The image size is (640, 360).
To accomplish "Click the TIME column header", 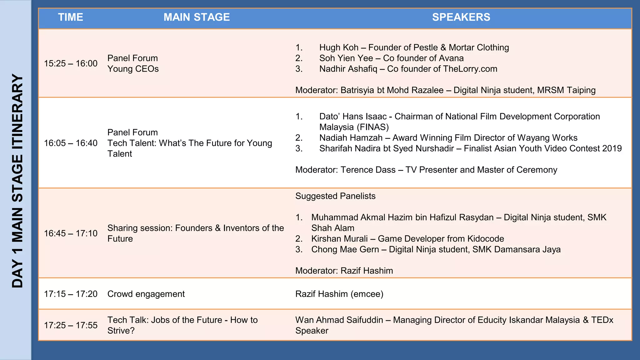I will tap(71, 17).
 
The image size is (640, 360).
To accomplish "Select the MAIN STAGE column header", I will tap(197, 17).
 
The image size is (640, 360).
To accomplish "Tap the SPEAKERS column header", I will tap(461, 17).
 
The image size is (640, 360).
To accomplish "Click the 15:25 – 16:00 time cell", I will tap(71, 63).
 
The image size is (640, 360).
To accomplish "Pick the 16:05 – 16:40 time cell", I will tap(71, 143).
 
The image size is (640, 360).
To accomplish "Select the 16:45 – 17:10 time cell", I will tap(71, 233).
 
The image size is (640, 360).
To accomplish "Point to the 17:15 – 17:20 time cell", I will tap(71, 294).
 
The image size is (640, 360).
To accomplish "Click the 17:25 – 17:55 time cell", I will tap(71, 325).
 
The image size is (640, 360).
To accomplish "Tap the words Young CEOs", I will tap(133, 69).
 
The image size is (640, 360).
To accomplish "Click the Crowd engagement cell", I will tap(146, 294).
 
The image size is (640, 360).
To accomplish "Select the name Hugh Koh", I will tap(339, 47).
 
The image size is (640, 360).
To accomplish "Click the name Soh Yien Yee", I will tap(346, 58).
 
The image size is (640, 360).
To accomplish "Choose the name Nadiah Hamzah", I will tap(351, 138).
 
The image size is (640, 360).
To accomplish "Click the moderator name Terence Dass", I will tap(368, 170).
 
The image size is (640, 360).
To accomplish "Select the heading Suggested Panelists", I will tap(335, 196).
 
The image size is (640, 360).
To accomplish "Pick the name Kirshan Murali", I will tap(339, 239).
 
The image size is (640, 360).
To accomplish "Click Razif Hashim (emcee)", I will tap(339, 294).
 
